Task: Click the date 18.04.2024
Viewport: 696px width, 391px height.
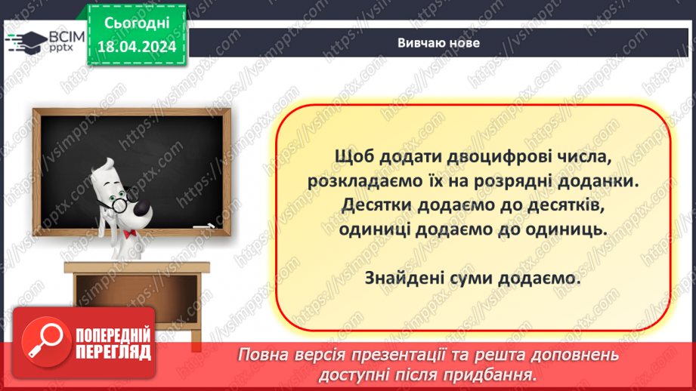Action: point(136,48)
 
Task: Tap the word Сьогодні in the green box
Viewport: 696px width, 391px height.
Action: point(136,25)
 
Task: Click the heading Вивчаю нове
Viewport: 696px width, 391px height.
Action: point(438,43)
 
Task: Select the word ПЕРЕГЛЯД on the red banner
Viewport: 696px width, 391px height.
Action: point(113,352)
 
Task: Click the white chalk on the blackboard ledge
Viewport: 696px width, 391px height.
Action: point(202,225)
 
